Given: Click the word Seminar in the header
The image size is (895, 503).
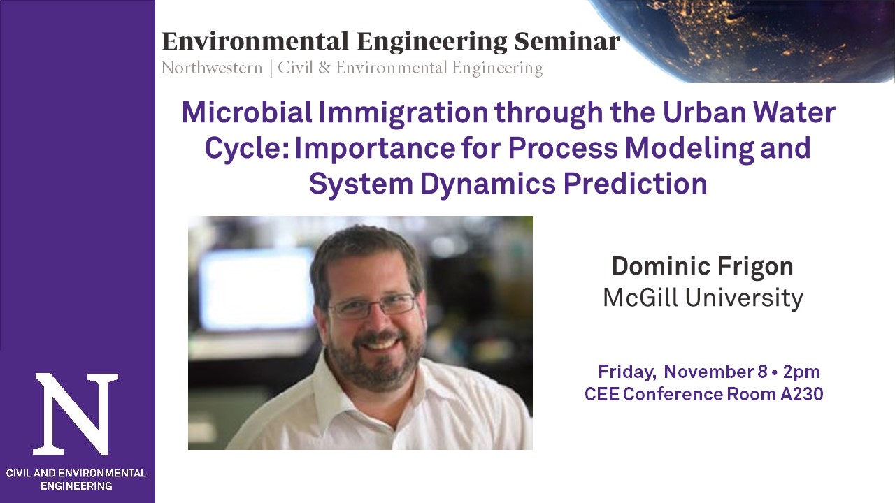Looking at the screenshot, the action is point(566,42).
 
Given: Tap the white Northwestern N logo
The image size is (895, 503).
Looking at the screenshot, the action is point(76,414).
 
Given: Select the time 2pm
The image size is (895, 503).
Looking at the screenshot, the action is point(801,373).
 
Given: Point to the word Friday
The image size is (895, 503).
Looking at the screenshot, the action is point(627,373).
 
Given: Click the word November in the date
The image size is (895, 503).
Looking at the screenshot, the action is point(709,372).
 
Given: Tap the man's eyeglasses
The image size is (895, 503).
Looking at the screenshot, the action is point(371,307).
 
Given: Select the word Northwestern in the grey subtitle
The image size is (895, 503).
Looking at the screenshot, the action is point(212,68).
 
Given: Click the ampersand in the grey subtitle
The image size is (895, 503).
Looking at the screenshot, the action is point(324,68).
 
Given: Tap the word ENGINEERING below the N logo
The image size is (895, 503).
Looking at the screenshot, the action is point(76,486).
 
